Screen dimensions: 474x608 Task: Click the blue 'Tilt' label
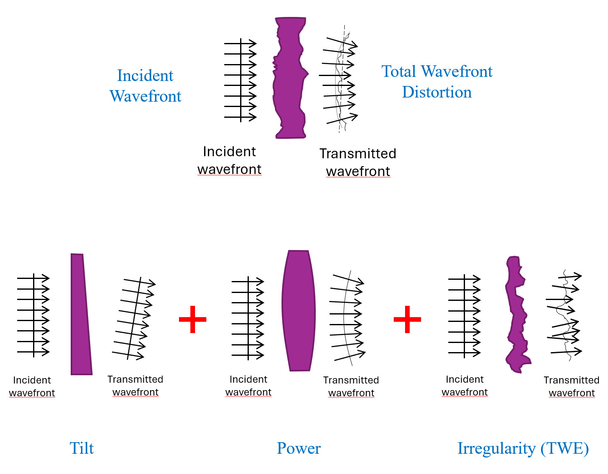point(81,448)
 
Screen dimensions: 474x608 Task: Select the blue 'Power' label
point(298,448)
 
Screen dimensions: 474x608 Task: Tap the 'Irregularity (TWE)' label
point(523,448)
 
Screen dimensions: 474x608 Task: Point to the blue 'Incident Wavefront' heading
point(145,86)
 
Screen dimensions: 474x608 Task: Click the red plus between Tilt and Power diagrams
point(193,319)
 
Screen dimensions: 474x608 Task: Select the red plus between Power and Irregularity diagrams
point(407,319)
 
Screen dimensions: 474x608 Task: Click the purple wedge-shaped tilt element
point(81,314)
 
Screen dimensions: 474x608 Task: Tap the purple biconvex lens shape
point(298,310)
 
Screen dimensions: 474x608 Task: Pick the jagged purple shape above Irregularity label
point(517,314)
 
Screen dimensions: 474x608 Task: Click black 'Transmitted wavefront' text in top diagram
point(358,162)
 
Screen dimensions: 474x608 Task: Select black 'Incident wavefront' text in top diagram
point(229,160)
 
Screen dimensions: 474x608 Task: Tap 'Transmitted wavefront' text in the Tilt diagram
point(136,386)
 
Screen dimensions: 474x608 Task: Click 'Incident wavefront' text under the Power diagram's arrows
point(248,386)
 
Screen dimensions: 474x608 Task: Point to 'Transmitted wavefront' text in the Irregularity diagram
point(572,386)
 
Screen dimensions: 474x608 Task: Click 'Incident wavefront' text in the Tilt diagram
point(32,386)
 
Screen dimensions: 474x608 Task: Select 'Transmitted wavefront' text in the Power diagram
point(351,386)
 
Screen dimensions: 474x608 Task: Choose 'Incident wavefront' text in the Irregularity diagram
point(465,386)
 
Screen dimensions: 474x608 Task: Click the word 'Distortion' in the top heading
point(437,92)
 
